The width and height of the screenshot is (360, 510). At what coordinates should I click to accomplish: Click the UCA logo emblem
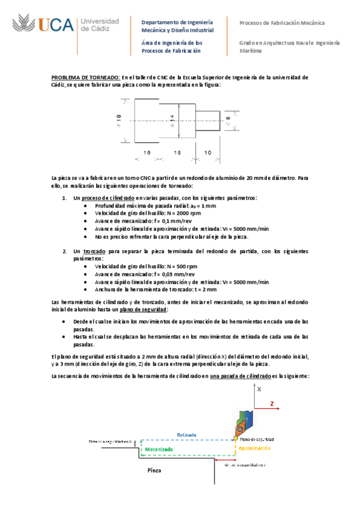tap(25, 25)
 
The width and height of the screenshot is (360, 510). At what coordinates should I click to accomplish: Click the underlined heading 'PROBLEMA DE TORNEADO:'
tap(87, 77)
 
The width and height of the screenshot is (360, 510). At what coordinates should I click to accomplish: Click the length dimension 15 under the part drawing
tap(177, 153)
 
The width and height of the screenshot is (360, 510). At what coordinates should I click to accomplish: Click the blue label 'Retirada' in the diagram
tap(186, 434)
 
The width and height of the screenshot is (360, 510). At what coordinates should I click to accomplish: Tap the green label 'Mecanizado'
tap(157, 449)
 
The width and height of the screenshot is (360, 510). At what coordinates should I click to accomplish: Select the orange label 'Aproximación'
tap(255, 448)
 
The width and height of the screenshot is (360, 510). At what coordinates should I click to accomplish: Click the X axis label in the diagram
tap(259, 390)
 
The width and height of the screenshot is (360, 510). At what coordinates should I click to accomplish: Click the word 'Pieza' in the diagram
tap(155, 471)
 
